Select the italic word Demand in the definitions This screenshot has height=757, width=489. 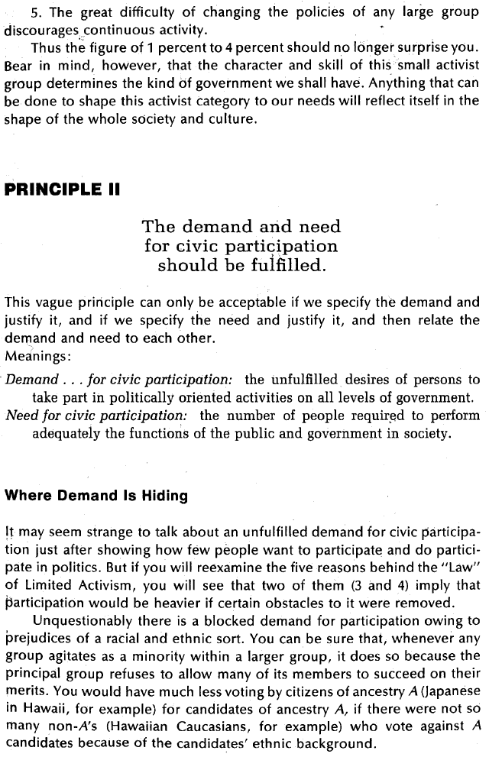click(x=32, y=380)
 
